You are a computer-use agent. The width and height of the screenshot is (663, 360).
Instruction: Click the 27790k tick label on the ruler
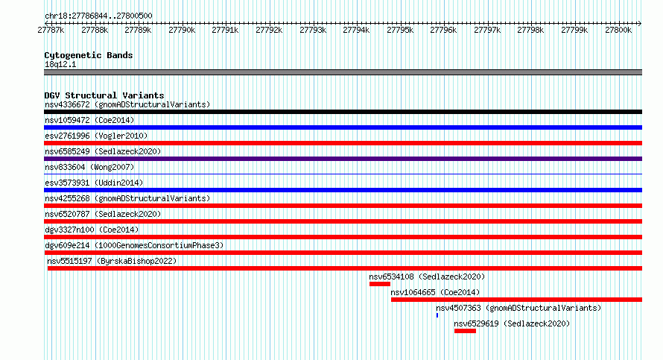[182, 30]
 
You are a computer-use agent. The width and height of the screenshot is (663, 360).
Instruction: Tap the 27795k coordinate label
[400, 30]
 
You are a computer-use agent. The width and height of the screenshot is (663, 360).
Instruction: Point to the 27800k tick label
[618, 30]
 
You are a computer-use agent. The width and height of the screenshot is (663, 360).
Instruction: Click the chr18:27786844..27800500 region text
[98, 16]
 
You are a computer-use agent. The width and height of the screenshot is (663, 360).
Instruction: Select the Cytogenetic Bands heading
[89, 55]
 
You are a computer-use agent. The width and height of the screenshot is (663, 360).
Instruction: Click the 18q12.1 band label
[60, 64]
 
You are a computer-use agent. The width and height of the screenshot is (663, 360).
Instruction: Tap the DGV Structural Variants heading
[104, 95]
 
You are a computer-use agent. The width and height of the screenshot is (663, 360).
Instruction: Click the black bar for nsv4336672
[343, 112]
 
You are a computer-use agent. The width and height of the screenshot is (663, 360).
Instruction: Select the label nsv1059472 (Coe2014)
[89, 120]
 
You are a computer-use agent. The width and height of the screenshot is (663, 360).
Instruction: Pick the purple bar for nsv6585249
[343, 159]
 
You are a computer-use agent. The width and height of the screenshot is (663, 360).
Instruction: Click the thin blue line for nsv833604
[343, 174]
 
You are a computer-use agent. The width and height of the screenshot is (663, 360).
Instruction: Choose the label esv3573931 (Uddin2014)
[94, 183]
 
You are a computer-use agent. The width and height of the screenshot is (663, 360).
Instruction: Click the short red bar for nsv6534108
[380, 284]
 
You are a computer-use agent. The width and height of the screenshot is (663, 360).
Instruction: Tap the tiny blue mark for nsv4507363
[437, 315]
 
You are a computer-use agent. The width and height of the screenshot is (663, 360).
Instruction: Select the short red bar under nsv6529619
[465, 331]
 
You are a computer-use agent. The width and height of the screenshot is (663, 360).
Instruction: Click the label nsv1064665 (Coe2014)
[435, 292]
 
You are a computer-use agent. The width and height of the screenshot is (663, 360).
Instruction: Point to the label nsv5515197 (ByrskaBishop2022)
[112, 261]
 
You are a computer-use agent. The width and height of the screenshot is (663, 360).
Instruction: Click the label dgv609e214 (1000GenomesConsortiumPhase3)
[134, 245]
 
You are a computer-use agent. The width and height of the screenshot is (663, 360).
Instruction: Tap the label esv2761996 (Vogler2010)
[96, 136]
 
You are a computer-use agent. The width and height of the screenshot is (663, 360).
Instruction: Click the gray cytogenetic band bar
[343, 72]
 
